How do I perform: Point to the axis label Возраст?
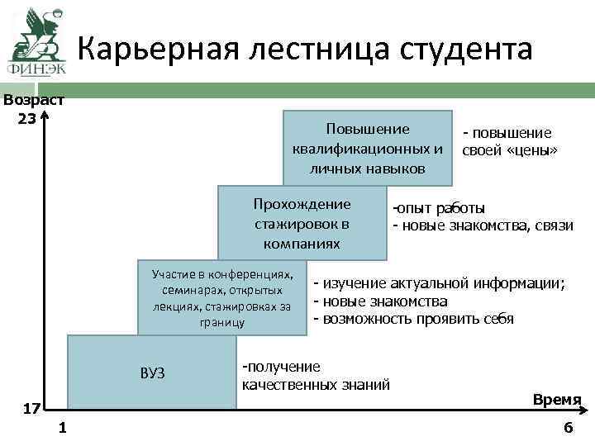[x=34, y=101]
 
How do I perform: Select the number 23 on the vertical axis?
[x=26, y=117]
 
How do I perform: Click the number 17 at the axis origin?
[x=31, y=409]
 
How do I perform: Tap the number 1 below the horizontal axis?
[x=64, y=428]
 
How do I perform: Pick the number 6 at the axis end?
[x=567, y=428]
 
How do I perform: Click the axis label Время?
[x=557, y=399]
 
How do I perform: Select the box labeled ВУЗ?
[x=152, y=372]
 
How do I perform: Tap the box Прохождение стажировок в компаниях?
[x=302, y=224]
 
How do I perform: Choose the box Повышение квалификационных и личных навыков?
[x=368, y=149]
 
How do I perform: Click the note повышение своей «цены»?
[x=509, y=142]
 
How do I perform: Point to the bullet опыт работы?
[x=439, y=208]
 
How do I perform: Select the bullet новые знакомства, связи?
[x=483, y=225]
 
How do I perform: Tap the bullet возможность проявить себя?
[x=413, y=319]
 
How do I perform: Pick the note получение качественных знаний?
[x=315, y=375]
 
